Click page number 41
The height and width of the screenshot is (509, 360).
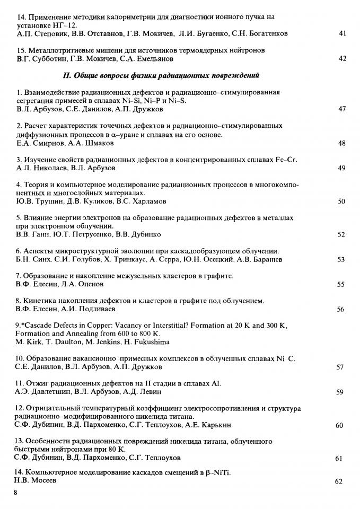pyautogui.click(x=342, y=33)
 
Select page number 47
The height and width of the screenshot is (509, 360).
pyautogui.click(x=342, y=109)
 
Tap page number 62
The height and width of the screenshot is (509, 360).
pyautogui.click(x=339, y=481)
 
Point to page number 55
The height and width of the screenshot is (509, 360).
pyautogui.click(x=341, y=285)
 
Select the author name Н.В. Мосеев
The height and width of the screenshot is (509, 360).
pyautogui.click(x=34, y=480)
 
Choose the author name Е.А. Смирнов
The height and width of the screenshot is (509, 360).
pyautogui.click(x=39, y=143)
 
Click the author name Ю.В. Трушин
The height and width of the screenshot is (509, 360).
pyautogui.click(x=37, y=201)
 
